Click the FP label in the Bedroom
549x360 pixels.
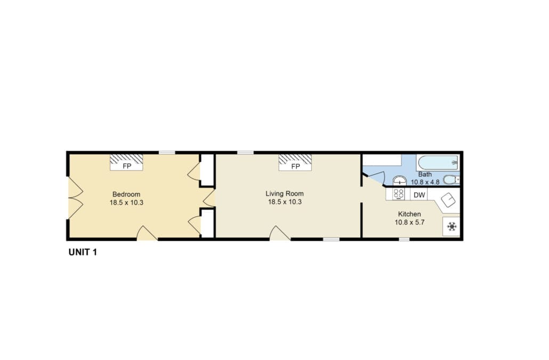(127, 167)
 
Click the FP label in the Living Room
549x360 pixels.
(295, 167)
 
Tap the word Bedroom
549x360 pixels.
(126, 194)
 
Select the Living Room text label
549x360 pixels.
(285, 193)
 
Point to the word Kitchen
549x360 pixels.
(409, 214)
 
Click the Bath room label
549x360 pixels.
(425, 174)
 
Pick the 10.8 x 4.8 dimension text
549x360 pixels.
(425, 182)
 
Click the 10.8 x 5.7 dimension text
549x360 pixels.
(410, 222)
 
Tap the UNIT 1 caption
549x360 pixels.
(83, 252)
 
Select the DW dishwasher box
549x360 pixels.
(419, 195)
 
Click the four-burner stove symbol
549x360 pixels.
(399, 194)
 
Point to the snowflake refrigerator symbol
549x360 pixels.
(451, 227)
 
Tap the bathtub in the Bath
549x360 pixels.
(438, 162)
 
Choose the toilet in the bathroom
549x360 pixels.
(451, 180)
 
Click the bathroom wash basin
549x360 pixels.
(400, 181)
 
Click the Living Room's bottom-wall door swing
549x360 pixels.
(280, 233)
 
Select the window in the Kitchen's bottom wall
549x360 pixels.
(405, 239)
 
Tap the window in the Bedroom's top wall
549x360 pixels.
(167, 152)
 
